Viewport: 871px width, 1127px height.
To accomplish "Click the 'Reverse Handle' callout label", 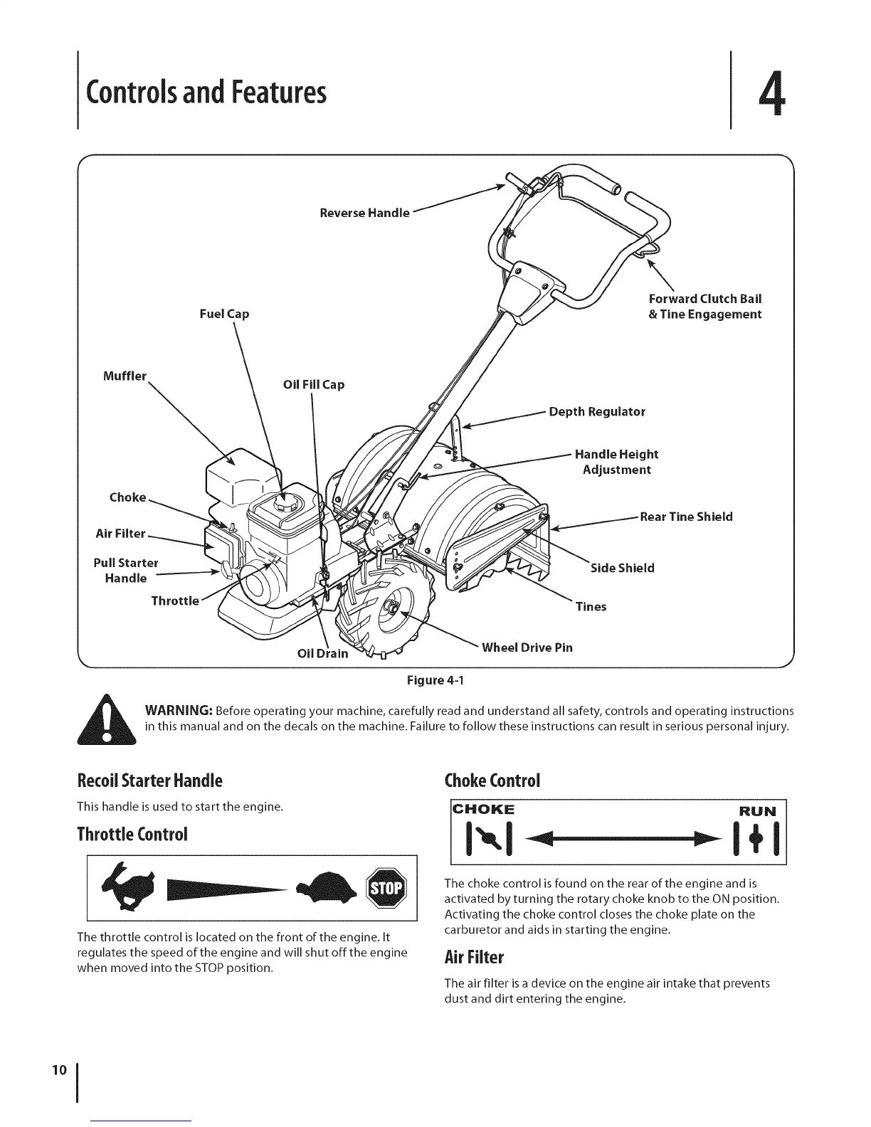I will click(364, 213).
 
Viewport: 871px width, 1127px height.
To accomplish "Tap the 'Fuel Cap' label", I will click(224, 314).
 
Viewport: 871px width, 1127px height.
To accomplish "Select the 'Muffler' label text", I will click(125, 376).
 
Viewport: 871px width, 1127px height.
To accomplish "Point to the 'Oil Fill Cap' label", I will click(313, 385).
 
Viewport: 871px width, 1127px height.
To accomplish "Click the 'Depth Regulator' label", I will click(597, 412).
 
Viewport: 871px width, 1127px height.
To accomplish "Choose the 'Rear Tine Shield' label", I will click(686, 517).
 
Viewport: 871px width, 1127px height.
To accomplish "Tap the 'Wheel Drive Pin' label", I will click(527, 647).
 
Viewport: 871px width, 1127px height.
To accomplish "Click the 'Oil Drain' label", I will click(322, 653).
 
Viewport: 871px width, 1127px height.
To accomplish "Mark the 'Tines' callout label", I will click(591, 607).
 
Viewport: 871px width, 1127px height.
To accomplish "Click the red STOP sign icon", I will click(384, 889).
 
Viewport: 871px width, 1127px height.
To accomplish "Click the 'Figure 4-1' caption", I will click(435, 681).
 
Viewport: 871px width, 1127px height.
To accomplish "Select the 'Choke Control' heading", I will click(492, 780).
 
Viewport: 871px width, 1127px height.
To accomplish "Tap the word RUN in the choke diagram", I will click(759, 810).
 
